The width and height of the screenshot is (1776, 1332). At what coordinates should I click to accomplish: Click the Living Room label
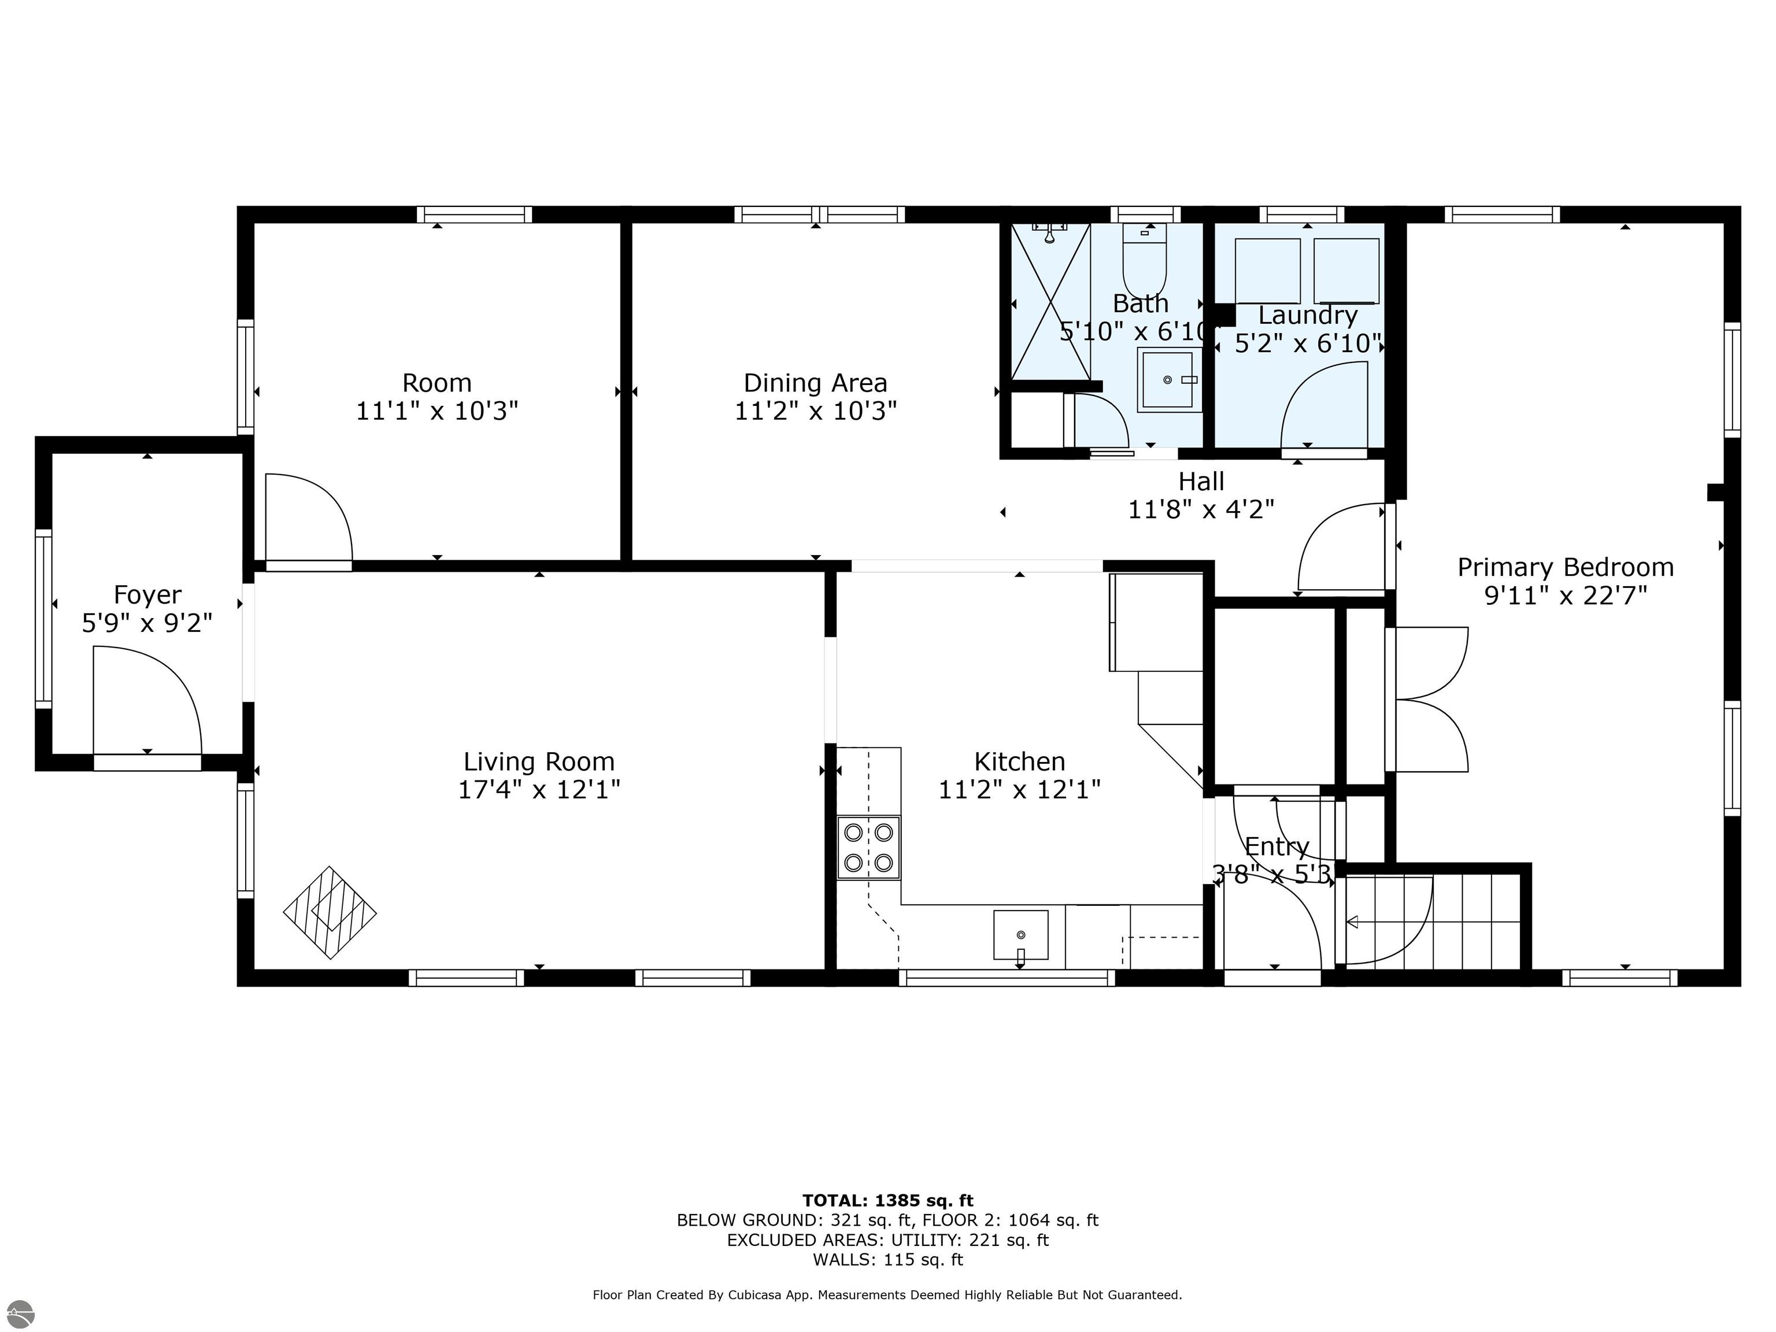(539, 761)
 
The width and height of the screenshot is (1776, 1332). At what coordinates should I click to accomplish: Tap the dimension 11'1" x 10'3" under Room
(437, 411)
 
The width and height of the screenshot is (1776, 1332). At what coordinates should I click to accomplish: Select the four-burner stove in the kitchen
(868, 847)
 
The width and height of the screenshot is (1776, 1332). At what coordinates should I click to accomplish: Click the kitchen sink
(1020, 935)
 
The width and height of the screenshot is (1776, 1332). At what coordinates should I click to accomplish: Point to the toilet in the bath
(1144, 261)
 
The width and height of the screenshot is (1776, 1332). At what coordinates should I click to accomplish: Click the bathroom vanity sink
(1169, 380)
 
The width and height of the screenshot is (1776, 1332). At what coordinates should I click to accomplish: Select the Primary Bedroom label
(1565, 568)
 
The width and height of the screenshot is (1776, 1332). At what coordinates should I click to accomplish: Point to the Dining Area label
(815, 383)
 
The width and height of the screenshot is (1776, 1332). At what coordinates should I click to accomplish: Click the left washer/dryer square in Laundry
(1267, 271)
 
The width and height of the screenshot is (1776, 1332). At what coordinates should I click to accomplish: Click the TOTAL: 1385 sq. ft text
(887, 1200)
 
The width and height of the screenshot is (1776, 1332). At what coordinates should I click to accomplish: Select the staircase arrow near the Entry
(1352, 922)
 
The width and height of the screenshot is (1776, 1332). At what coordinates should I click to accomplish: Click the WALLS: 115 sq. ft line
(887, 1260)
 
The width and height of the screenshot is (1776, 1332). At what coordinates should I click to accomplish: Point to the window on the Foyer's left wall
(43, 618)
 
